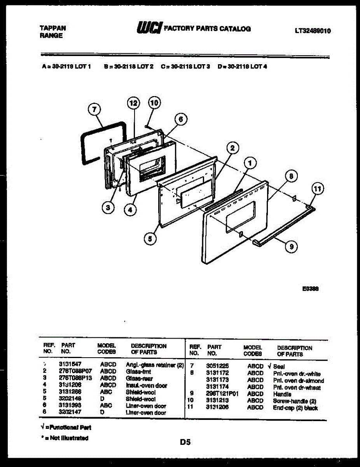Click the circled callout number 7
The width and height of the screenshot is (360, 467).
point(94,111)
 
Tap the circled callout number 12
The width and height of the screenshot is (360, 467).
point(133,103)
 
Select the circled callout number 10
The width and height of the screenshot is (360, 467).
point(154,103)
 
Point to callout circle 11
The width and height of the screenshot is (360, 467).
point(318,190)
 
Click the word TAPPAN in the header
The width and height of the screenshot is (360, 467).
point(53,28)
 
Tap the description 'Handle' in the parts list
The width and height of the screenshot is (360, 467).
point(282,394)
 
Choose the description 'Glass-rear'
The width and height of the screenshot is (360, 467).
point(139,378)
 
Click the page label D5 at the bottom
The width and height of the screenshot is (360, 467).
point(185,442)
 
